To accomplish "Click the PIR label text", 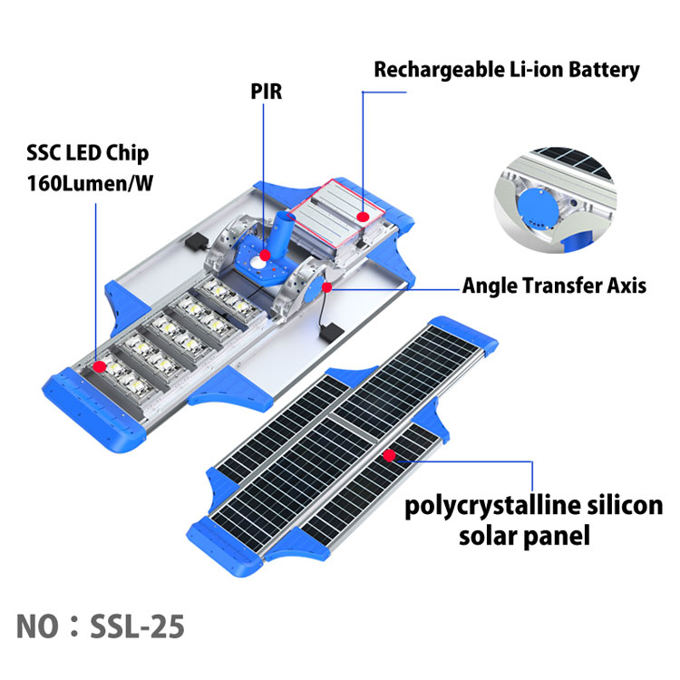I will [267, 92].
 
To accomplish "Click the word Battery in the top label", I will [603, 69].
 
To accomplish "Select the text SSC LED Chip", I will [88, 153].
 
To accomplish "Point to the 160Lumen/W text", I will [89, 182].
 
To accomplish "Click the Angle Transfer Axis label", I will [554, 286].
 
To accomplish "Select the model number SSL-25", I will [139, 626].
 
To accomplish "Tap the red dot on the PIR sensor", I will [265, 256].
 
